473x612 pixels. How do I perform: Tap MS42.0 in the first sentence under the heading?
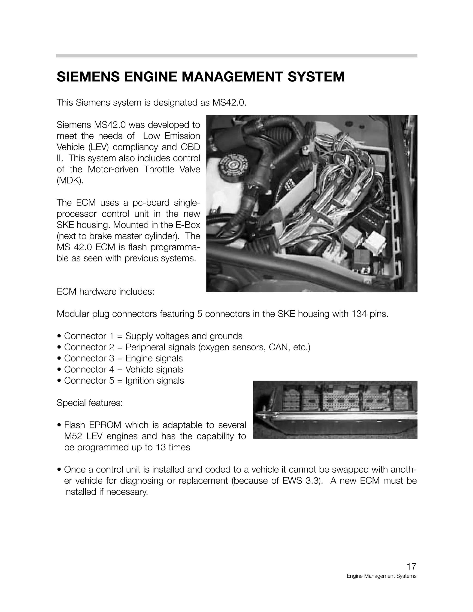(x=229, y=103)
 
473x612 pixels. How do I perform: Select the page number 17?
(x=411, y=566)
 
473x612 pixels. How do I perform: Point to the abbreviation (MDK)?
(x=70, y=180)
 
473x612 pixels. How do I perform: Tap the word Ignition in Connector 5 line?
(x=139, y=381)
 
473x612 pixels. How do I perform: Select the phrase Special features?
(x=90, y=403)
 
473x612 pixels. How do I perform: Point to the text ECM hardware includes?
(x=105, y=292)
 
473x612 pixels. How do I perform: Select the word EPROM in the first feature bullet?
(x=105, y=425)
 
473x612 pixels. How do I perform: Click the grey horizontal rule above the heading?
(x=236, y=56)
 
